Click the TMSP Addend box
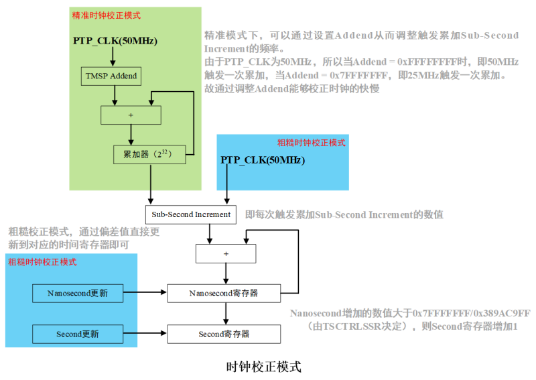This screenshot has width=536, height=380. coord(111,76)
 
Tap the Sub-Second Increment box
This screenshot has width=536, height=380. coord(191,214)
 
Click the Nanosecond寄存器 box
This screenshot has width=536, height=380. coord(223,293)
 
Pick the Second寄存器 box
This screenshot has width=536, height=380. coord(223,334)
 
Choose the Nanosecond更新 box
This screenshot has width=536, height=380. coord(78,293)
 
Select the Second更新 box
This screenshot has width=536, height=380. coord(78,334)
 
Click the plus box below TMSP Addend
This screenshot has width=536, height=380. coord(131,115)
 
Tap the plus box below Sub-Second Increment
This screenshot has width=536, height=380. coord(226,254)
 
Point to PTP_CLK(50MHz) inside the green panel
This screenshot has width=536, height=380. coord(115,42)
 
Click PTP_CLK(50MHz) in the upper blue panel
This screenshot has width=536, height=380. coord(263,160)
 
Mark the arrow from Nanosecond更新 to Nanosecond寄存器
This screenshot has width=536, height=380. coord(145,292)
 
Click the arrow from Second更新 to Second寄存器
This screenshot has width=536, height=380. coord(145,333)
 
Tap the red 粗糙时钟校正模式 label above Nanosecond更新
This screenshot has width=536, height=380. coord(42,262)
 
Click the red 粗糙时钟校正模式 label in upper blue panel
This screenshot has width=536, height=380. coord(312,143)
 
